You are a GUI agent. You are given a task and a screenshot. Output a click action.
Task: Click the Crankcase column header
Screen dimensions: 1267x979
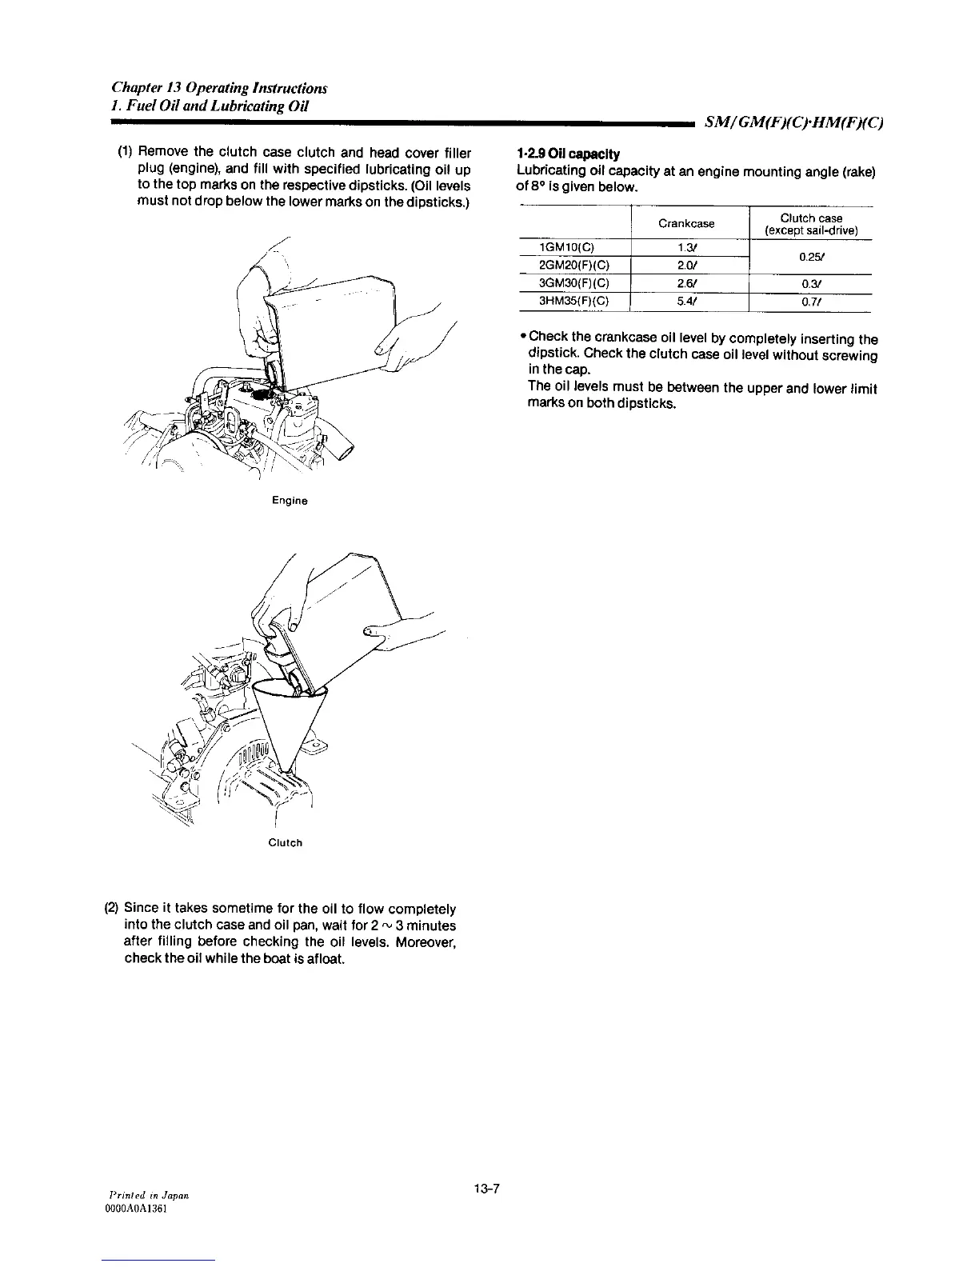685,224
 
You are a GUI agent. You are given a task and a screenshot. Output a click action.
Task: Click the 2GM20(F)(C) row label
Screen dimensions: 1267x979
573,265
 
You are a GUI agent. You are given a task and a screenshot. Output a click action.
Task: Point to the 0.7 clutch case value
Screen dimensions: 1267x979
809,302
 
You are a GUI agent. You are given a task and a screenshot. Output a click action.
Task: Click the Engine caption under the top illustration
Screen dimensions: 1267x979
290,501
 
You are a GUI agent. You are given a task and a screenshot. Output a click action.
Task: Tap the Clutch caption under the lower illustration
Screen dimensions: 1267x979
286,843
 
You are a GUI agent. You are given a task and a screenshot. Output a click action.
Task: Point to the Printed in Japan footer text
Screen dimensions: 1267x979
148,1194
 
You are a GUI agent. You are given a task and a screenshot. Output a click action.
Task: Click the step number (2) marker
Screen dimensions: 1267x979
112,909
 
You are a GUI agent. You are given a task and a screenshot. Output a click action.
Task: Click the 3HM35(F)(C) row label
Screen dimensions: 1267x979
573,302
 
